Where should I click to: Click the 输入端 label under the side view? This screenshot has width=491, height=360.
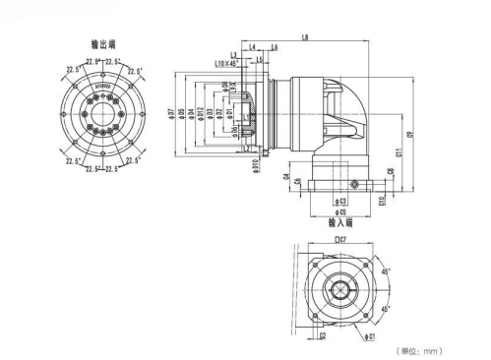[340, 223]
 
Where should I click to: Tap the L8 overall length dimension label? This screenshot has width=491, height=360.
[306, 38]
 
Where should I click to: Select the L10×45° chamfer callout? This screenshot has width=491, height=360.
[226, 63]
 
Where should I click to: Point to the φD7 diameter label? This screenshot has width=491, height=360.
[170, 115]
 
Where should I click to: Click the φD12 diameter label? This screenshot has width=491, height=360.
[201, 115]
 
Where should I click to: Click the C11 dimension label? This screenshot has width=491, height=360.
[399, 151]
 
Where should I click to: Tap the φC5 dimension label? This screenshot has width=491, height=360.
[339, 212]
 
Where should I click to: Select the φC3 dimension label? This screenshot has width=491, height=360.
[339, 201]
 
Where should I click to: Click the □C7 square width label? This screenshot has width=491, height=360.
[340, 238]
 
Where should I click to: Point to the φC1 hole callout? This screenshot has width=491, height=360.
[371, 337]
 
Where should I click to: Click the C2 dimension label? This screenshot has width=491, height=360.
[322, 335]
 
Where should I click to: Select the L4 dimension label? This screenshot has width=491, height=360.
[254, 47]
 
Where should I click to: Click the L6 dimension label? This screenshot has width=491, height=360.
[273, 47]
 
